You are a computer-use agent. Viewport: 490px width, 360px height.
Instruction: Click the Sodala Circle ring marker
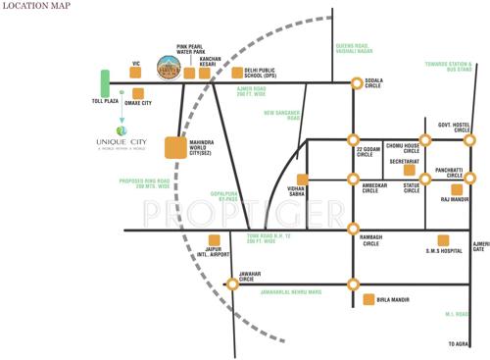pos(354,82)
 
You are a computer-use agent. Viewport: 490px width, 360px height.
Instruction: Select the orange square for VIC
pos(135,72)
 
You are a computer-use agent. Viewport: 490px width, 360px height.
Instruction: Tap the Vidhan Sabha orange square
pos(303,179)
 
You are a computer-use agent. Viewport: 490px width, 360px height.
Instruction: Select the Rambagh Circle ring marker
pos(354,230)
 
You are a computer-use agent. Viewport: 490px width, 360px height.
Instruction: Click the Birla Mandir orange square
pos(368,299)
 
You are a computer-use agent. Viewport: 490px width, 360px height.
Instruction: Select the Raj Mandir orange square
pos(445,189)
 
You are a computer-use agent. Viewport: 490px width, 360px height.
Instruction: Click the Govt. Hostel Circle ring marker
pos(469,140)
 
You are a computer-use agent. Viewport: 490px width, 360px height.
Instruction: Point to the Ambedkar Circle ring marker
pos(354,179)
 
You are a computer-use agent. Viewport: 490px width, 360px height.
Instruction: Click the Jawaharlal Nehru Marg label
pos(291,293)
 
